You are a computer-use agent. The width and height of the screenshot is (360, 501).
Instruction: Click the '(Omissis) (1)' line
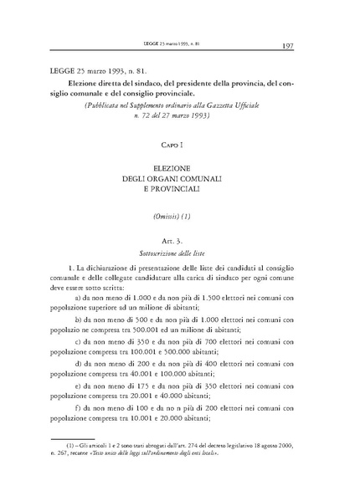pos(180,215)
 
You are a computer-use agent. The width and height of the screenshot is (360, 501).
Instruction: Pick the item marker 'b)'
pos(79,320)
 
